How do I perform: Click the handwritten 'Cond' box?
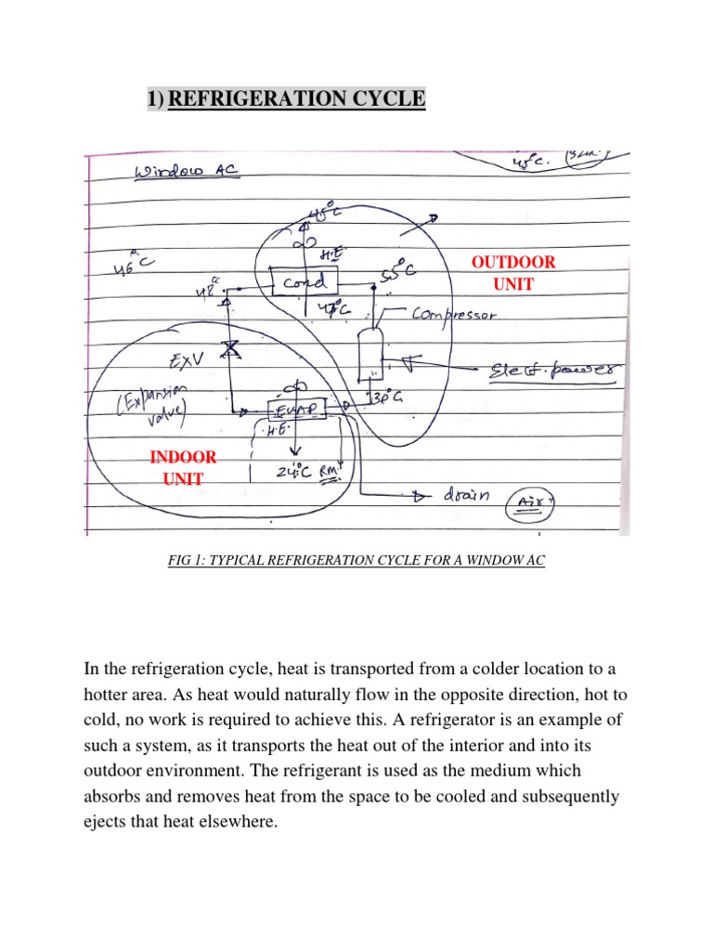304,282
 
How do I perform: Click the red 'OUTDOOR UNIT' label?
513,273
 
